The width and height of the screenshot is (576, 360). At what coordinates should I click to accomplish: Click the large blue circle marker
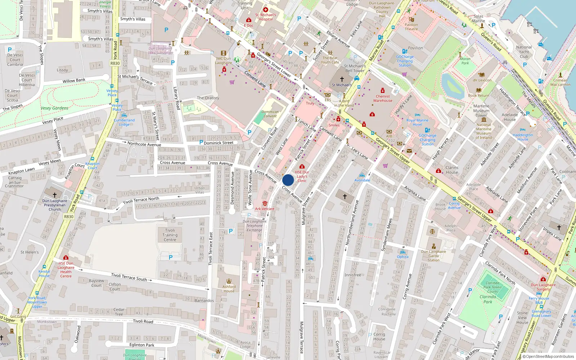click(288, 180)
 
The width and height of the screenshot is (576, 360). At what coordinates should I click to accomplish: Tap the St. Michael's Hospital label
click(266, 17)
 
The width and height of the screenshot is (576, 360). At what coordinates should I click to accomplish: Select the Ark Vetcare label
click(265, 209)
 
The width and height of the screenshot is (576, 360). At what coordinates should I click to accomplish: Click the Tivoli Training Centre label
click(170, 235)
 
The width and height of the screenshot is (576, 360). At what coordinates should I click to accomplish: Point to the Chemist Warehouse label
click(383, 98)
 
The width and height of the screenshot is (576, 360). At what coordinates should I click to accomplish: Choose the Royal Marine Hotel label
click(417, 122)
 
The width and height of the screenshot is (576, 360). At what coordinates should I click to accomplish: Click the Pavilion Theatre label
click(411, 27)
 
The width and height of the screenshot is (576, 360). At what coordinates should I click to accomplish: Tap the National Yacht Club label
click(524, 52)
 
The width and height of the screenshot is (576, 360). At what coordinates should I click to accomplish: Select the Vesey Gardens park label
click(54, 108)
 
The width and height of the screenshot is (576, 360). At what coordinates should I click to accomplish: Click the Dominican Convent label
click(270, 114)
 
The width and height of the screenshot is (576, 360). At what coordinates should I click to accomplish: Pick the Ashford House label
click(229, 289)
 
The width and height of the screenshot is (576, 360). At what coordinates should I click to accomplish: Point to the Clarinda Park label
click(488, 299)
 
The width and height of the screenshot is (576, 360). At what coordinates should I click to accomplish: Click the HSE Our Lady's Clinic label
click(302, 176)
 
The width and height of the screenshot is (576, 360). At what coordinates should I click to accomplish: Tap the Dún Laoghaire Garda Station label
click(433, 256)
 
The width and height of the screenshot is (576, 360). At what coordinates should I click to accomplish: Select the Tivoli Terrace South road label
click(129, 277)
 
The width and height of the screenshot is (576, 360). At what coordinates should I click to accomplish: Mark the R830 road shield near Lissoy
click(115, 63)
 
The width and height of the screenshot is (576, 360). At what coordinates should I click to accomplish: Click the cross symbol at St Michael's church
click(342, 79)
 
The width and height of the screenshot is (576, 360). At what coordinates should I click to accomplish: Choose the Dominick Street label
click(219, 143)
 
